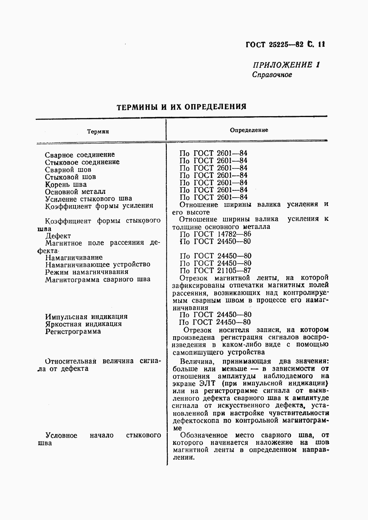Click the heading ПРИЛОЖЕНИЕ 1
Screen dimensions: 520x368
[x=286, y=65]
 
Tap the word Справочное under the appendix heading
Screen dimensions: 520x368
[x=272, y=75]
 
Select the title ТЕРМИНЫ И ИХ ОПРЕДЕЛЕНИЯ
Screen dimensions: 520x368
[x=182, y=107]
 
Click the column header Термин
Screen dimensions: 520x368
[x=98, y=132]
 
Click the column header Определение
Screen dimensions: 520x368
[x=249, y=130]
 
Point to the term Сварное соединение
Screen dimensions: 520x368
[x=80, y=155]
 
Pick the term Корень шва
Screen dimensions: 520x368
[x=66, y=184]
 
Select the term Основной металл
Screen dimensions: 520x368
[x=75, y=191]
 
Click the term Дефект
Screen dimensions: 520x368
[x=58, y=236]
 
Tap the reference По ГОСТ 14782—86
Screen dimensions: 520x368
[x=215, y=234]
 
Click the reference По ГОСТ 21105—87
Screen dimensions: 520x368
[x=215, y=270]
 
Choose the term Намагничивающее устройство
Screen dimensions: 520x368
[x=98, y=264]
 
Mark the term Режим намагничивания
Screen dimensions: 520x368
[x=86, y=272]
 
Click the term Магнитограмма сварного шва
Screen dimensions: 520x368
[x=98, y=279]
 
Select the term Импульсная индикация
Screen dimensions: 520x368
[x=86, y=317]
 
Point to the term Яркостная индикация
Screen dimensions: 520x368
[x=83, y=324]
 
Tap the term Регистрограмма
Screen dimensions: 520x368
[x=73, y=331]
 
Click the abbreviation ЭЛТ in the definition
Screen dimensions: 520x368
[x=206, y=383]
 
